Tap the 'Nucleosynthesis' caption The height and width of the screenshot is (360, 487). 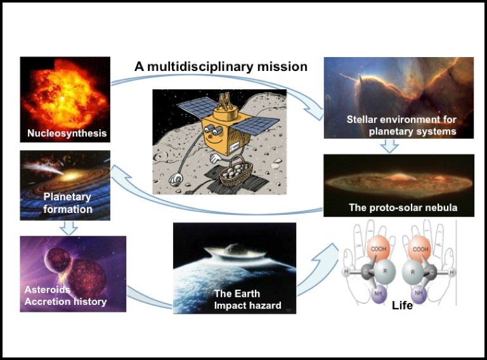point(67,134)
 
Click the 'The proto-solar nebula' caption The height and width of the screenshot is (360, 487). point(403,207)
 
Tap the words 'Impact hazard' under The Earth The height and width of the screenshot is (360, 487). point(247,305)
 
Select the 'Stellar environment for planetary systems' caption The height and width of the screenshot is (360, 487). point(401,125)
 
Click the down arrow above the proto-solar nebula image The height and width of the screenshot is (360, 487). point(390,146)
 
